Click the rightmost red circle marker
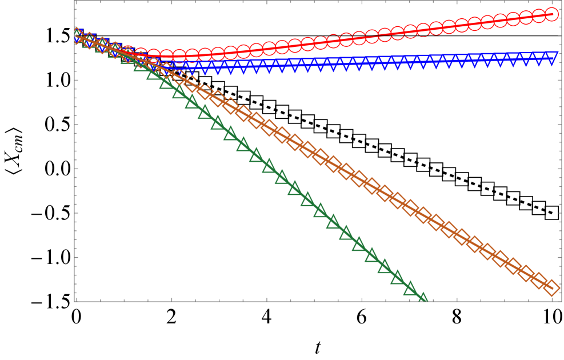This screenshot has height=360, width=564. pos(551,14)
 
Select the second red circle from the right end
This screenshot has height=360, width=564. pos(539,17)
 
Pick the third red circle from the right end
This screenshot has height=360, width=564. pos(526,18)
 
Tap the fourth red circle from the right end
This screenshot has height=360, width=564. pos(513,20)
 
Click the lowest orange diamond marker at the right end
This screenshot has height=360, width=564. pos(551,287)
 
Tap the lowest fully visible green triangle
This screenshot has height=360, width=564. pos(410,289)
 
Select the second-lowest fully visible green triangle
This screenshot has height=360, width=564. pos(397,278)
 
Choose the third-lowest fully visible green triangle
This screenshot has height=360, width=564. pos(385,266)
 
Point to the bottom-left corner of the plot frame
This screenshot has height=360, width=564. pos(75,301)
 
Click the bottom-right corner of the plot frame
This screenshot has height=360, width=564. pos(561,301)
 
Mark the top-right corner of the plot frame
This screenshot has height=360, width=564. pos(561,1)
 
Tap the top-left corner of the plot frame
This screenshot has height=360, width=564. pos(75,1)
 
